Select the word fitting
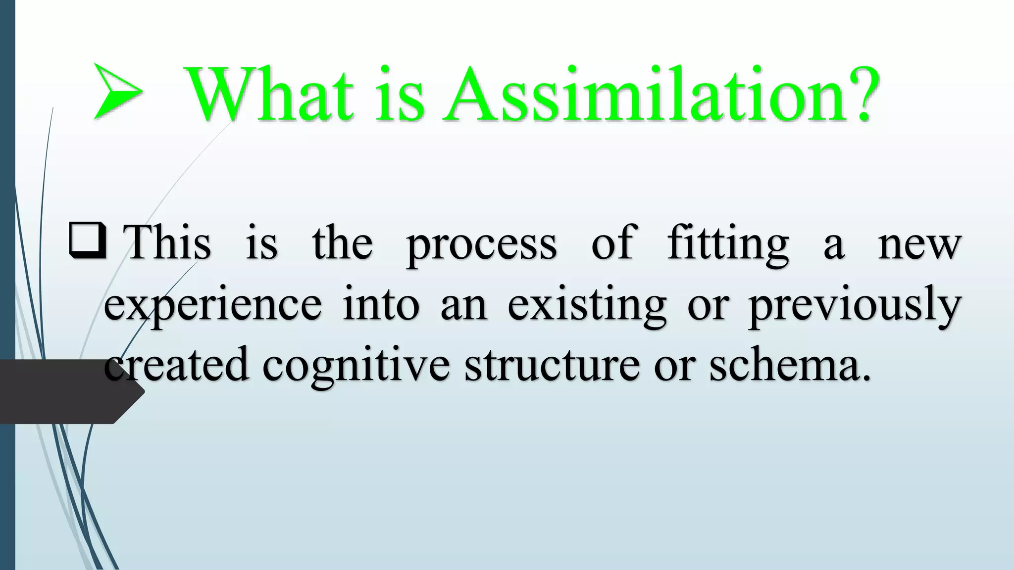coord(728,245)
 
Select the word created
coord(177,365)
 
